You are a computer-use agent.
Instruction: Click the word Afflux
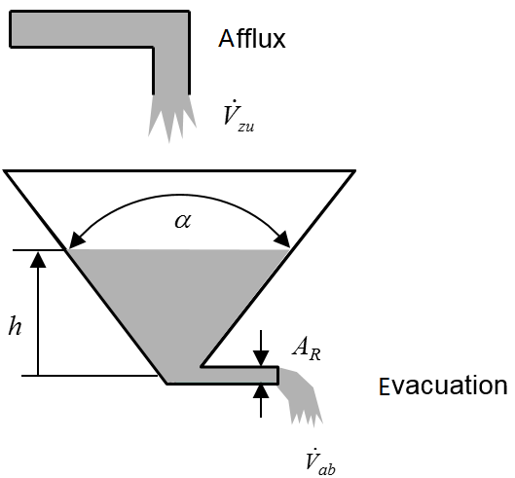tap(252, 39)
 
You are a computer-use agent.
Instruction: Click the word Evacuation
tap(443, 386)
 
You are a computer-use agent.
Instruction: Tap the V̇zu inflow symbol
tap(239, 116)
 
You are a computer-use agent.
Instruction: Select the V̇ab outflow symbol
tap(320, 461)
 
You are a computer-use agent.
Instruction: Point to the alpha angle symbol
tap(183, 220)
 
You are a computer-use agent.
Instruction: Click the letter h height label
tap(15, 326)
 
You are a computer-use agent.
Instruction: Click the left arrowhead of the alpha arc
tap(76, 240)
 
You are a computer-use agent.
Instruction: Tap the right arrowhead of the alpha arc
tap(282, 239)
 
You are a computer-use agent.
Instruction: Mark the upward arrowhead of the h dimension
tap(38, 260)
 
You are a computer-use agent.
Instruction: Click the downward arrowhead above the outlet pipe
tap(261, 358)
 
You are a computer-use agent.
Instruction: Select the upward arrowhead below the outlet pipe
tap(261, 391)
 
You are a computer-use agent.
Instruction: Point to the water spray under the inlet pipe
tap(171, 117)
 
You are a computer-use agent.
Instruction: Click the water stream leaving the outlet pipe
tap(301, 396)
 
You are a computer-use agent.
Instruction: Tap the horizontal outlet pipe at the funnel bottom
tap(239, 375)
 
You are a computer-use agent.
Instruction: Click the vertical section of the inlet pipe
tap(171, 71)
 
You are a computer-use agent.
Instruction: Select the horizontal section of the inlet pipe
tap(99, 29)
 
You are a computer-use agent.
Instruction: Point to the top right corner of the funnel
tap(354, 170)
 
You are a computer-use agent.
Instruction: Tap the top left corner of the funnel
tap(5, 170)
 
